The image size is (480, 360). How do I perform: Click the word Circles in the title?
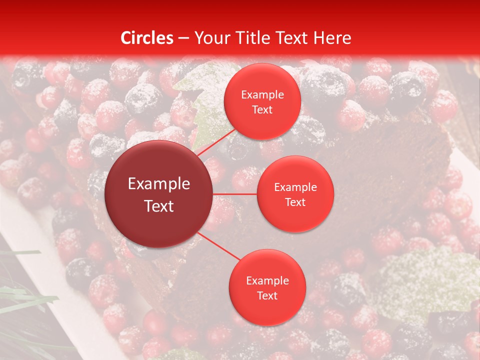pos(147,37)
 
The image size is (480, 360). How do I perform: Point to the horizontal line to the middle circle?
pos(235,194)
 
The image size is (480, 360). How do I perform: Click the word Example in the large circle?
pos(159,184)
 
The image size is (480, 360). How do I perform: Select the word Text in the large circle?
pos(159,206)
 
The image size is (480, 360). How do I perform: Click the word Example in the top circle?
pos(262,94)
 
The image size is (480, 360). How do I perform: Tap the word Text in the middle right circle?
pos(295,202)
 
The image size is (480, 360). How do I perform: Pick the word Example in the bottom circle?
pos(267,280)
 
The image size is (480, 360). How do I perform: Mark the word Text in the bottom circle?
pos(267,295)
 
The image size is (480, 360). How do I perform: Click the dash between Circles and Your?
pos(183,38)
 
